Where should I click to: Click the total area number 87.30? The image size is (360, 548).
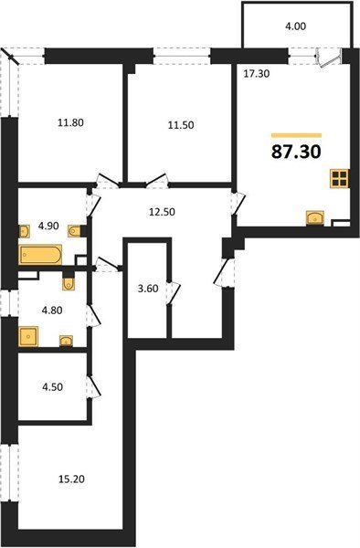point(296,152)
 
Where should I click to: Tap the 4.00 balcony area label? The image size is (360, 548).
point(295,26)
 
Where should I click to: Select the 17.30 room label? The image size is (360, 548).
point(257,74)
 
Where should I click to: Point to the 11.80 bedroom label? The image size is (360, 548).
point(71,122)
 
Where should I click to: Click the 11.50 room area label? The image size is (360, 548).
point(181,125)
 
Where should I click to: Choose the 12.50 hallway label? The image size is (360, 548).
point(162,212)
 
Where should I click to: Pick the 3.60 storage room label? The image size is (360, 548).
point(148,289)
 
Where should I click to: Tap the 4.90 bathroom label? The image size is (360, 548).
point(48,227)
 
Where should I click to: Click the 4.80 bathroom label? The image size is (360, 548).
point(52,310)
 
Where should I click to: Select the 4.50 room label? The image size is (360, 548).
point(52,387)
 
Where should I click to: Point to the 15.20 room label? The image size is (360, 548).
point(71,479)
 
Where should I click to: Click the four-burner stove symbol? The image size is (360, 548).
point(339,179)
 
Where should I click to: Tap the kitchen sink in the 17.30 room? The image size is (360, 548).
point(315,218)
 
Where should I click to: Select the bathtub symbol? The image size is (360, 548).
point(41,255)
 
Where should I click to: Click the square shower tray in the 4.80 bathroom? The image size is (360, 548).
point(28,336)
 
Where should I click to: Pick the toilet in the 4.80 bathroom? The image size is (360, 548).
point(69,283)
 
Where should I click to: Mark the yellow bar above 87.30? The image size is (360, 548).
point(296,135)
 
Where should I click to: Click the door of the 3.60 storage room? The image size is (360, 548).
point(175,293)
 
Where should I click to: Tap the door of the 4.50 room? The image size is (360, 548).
point(94,386)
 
